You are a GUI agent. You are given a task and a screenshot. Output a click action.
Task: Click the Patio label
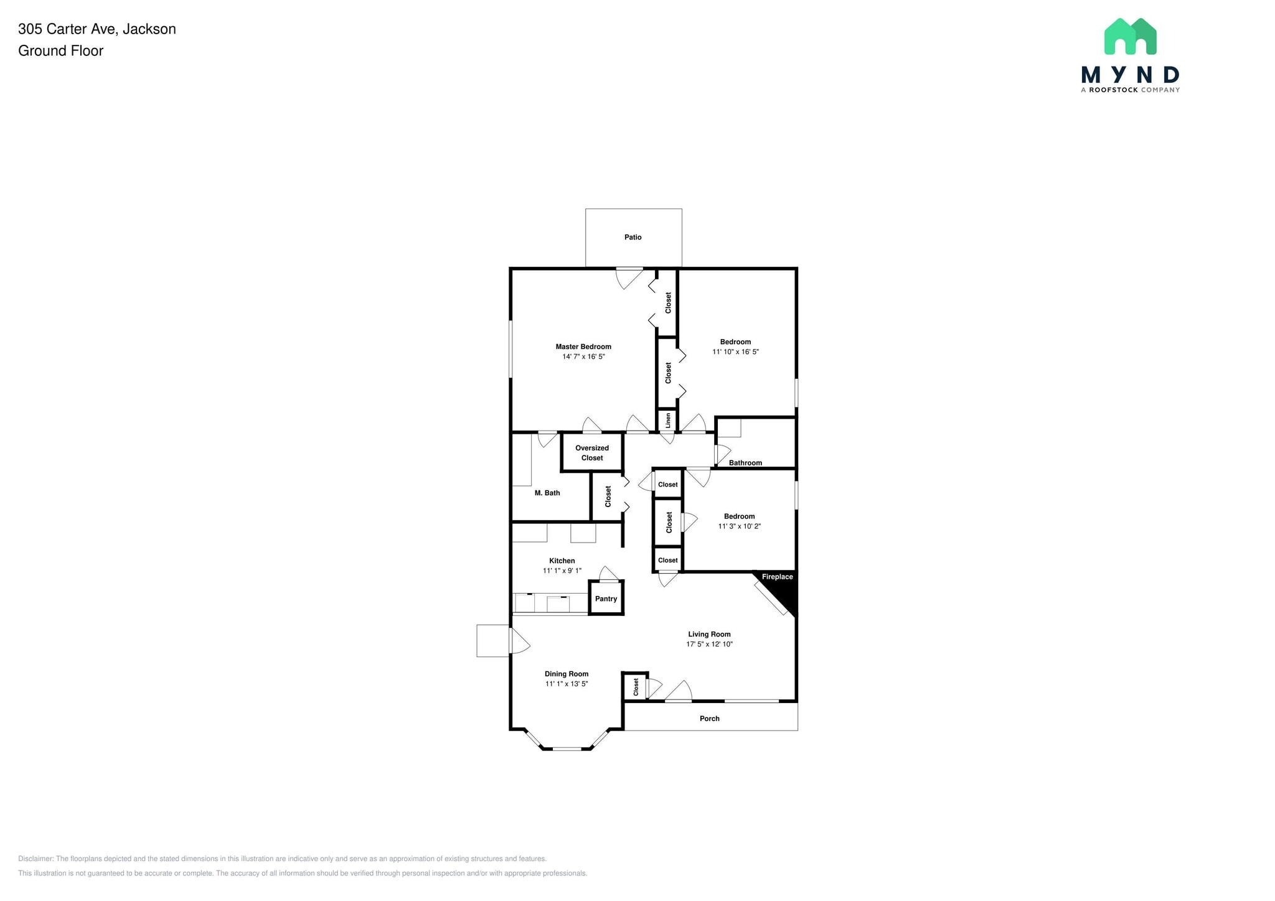(x=633, y=237)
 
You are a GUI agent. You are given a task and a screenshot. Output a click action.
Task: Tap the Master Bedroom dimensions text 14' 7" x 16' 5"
(x=583, y=357)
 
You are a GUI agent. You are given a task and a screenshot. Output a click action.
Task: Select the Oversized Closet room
(x=592, y=452)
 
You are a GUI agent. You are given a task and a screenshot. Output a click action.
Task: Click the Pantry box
(x=606, y=599)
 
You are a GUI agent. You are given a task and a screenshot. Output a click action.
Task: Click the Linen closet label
(x=668, y=421)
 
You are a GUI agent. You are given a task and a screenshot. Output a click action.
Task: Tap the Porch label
(x=709, y=719)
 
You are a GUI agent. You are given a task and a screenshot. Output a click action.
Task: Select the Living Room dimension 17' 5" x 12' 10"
(x=709, y=645)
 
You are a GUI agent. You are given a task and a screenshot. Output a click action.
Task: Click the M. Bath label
(x=547, y=493)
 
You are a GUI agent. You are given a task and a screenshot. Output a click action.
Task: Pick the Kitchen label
(x=562, y=561)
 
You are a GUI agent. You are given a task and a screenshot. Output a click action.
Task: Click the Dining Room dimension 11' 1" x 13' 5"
(x=567, y=684)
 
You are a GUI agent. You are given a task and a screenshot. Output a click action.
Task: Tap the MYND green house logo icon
(x=1130, y=37)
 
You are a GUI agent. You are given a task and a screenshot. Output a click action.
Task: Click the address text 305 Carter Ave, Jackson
(x=97, y=29)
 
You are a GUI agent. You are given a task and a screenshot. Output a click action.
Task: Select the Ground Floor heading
(x=60, y=51)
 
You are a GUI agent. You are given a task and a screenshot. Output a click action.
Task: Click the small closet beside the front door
(x=636, y=687)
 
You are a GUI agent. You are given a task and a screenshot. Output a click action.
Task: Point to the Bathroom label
(x=745, y=463)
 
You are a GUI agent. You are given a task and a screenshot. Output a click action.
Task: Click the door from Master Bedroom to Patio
(x=629, y=277)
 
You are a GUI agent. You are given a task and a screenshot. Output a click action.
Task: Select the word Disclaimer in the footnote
(x=35, y=859)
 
